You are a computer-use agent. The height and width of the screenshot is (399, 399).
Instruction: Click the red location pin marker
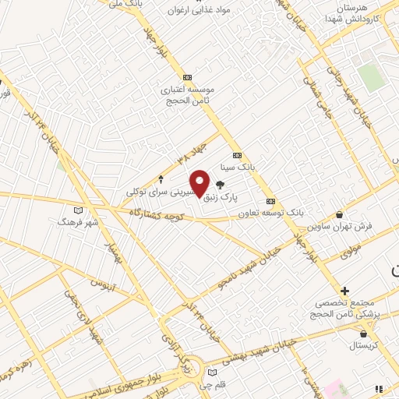(x=200, y=183)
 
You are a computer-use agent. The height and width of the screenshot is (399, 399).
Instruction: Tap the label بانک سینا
(x=238, y=167)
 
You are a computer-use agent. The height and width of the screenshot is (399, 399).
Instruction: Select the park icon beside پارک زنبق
(x=231, y=185)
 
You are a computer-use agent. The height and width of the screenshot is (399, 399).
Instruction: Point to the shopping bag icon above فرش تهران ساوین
(x=339, y=215)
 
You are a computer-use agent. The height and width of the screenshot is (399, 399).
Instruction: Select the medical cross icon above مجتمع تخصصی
(x=344, y=291)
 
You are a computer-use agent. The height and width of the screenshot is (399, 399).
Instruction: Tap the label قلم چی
(x=214, y=385)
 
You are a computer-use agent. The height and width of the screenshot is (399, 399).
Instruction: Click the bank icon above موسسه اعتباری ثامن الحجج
(x=187, y=78)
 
